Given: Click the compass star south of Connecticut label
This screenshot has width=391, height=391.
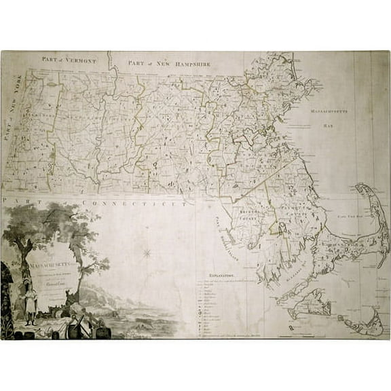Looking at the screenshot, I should (x=146, y=253).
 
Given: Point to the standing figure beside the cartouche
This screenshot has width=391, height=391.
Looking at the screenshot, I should (x=30, y=303).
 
